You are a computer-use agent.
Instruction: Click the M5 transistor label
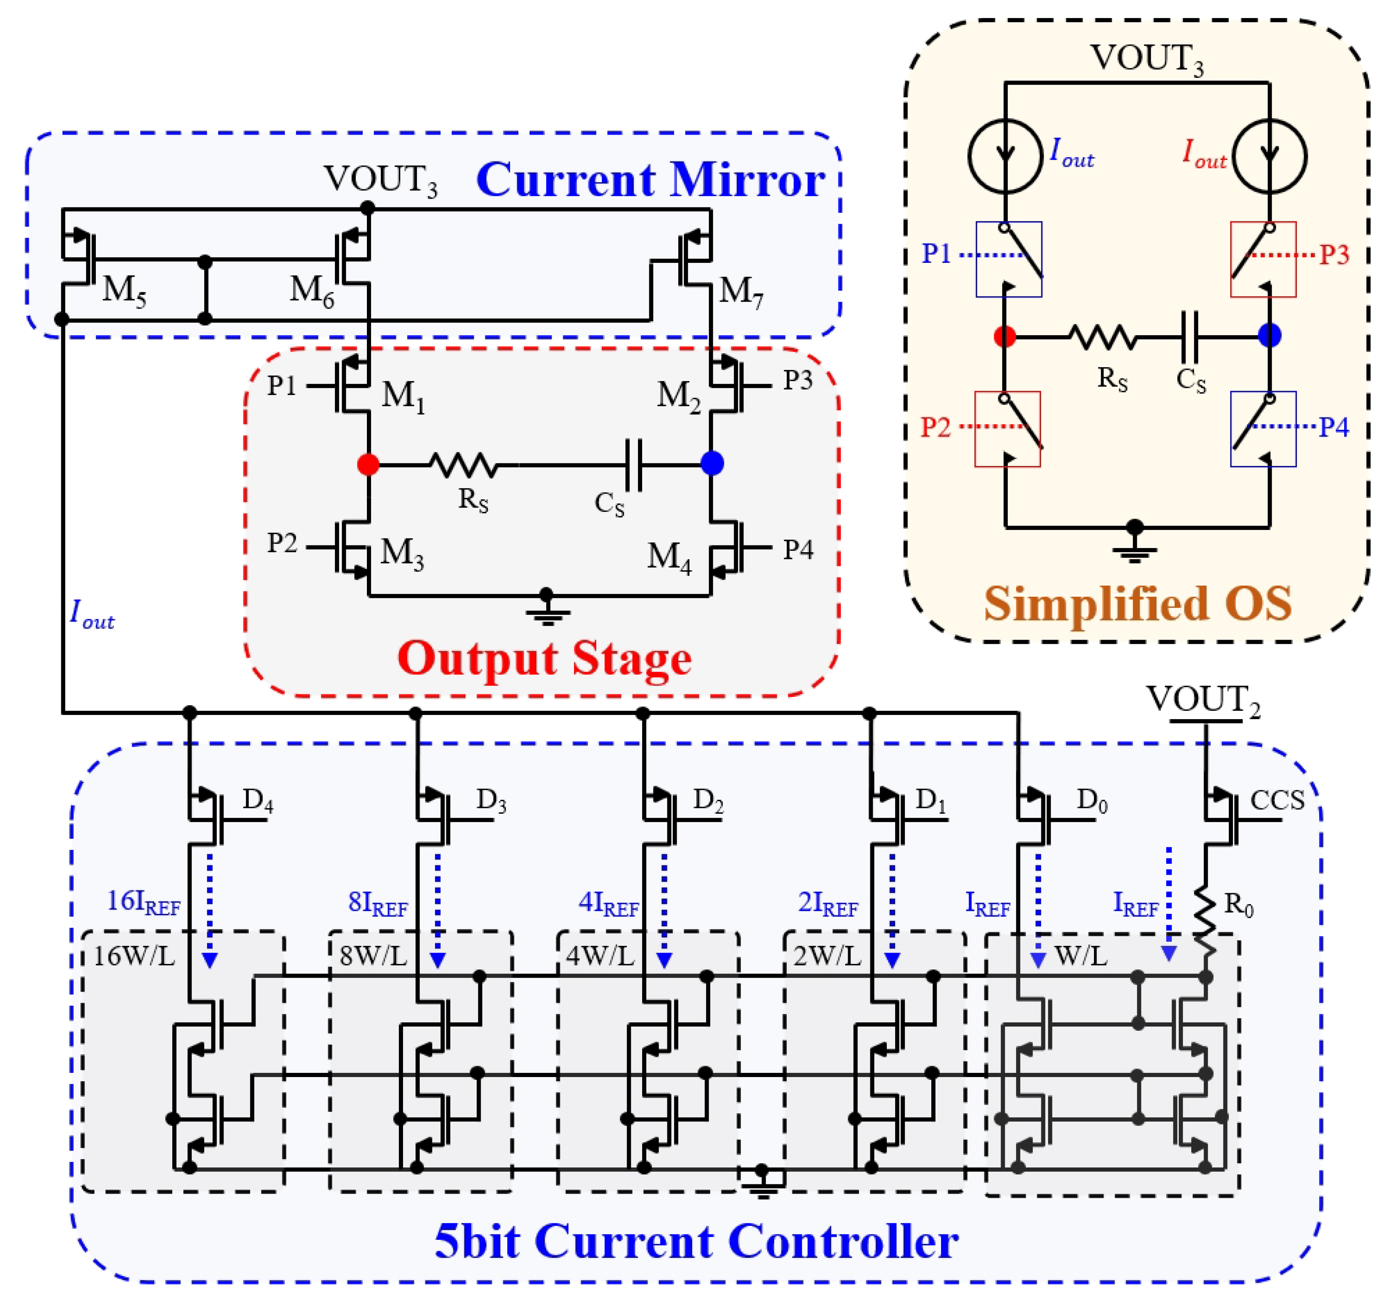click(124, 289)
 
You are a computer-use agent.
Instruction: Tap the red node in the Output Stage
click(368, 464)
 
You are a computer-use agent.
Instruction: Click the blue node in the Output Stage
click(712, 463)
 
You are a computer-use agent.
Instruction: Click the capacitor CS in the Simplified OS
click(1190, 337)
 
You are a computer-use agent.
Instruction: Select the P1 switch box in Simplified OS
click(1009, 259)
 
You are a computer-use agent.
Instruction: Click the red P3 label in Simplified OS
click(1334, 255)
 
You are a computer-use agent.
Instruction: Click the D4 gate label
click(257, 800)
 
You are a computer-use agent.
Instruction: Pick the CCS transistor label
click(1277, 800)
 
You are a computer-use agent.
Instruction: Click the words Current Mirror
click(650, 180)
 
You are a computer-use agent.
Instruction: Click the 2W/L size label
click(827, 956)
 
